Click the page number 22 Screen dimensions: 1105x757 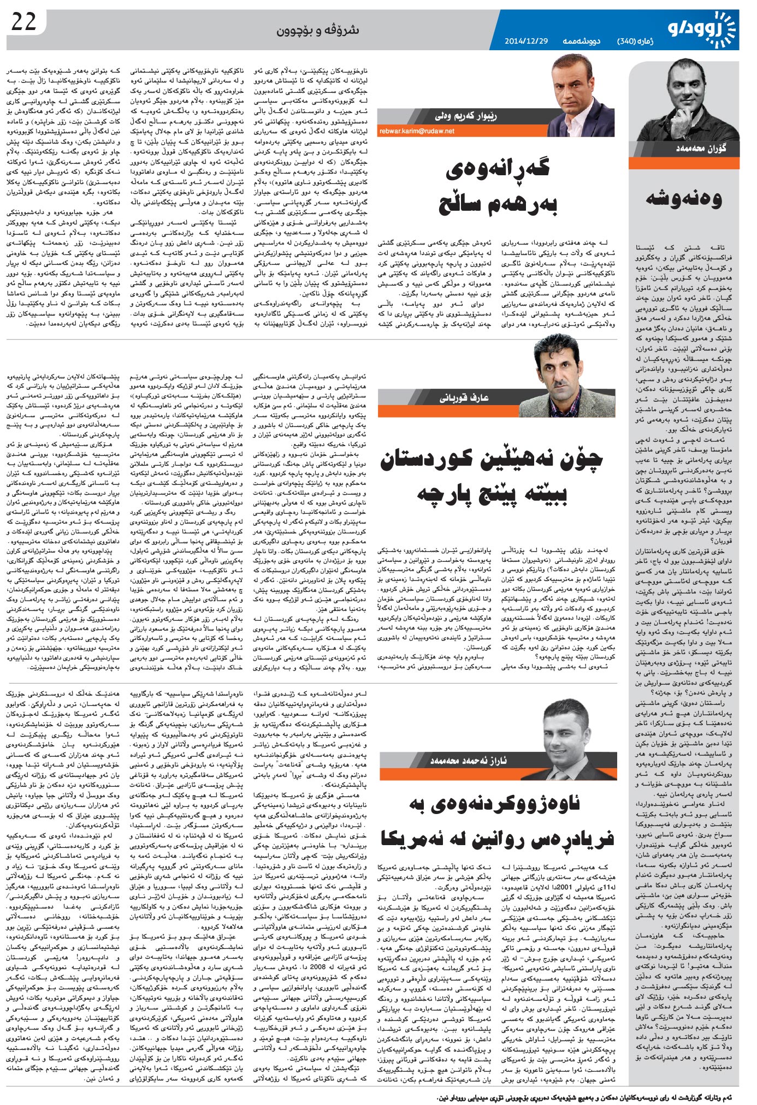[23, 22]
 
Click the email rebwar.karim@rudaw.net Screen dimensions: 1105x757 [417, 131]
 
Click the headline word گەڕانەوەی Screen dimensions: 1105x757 [498, 170]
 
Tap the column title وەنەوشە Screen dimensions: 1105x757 [684, 199]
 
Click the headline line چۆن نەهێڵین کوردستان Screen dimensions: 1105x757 [492, 460]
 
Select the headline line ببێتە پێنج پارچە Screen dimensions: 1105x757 [492, 494]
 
